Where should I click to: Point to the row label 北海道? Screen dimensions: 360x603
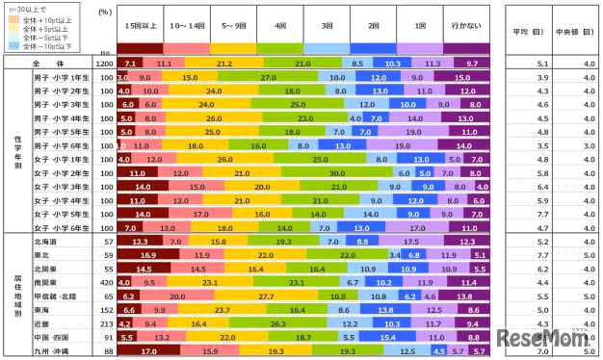click(46, 242)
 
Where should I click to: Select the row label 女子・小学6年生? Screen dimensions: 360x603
click(61, 228)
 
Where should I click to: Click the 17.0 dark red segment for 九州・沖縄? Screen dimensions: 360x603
click(147, 352)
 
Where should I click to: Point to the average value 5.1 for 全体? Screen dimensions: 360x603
click(515, 63)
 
